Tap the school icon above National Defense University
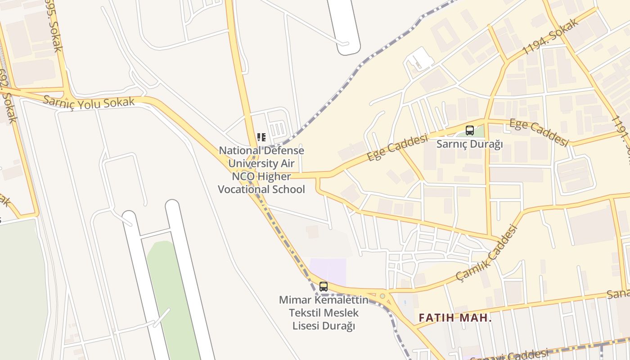(x=261, y=137)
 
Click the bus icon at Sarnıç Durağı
(x=470, y=130)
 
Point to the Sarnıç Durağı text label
(x=469, y=144)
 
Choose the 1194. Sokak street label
(x=550, y=37)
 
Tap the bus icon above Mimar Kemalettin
(x=323, y=287)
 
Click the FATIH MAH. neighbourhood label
(x=455, y=318)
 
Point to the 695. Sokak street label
(x=53, y=25)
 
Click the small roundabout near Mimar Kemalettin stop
(x=382, y=296)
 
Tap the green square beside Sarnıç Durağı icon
(x=480, y=131)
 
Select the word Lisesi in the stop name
(x=308, y=325)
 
